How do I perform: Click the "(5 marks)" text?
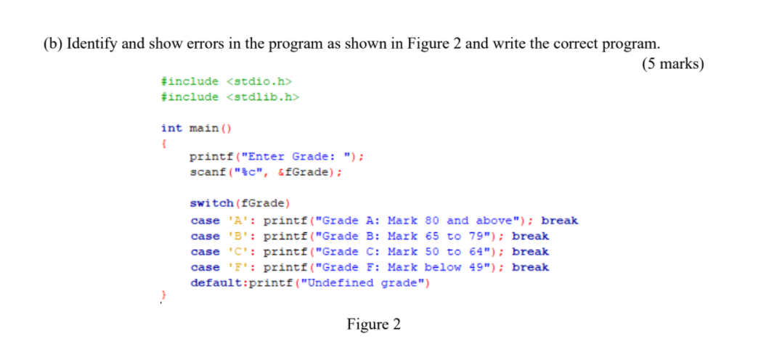pyautogui.click(x=673, y=64)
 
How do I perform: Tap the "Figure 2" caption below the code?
pyautogui.click(x=373, y=324)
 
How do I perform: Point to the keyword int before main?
pyautogui.click(x=171, y=128)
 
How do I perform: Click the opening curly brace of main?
pyautogui.click(x=163, y=143)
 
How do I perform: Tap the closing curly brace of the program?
pyautogui.click(x=163, y=296)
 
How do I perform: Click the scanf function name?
pyautogui.click(x=205, y=173)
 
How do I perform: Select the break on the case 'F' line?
pyautogui.click(x=530, y=267)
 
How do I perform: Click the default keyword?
pyautogui.click(x=216, y=283)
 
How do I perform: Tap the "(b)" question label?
pyautogui.click(x=52, y=43)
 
